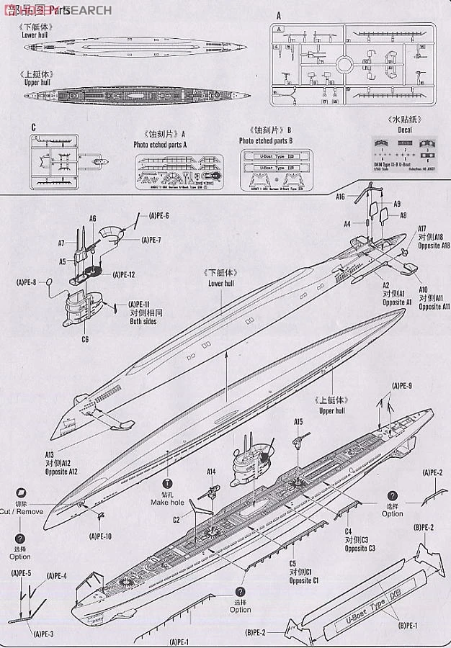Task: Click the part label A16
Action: [341, 196]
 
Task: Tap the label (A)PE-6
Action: [159, 216]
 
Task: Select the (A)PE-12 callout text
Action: [124, 275]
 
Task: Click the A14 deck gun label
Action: [212, 472]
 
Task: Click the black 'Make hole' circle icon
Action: [168, 485]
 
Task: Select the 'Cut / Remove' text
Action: [22, 511]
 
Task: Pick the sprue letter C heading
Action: [33, 127]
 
